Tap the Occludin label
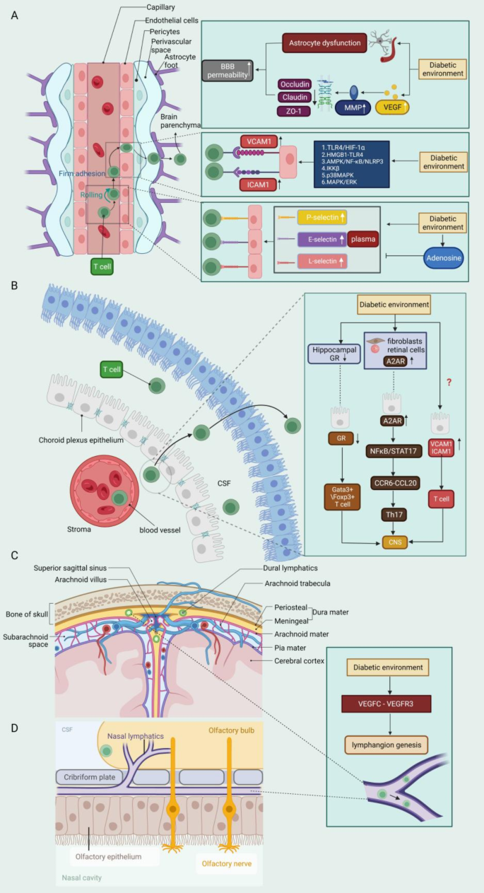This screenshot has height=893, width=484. click(x=296, y=84)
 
